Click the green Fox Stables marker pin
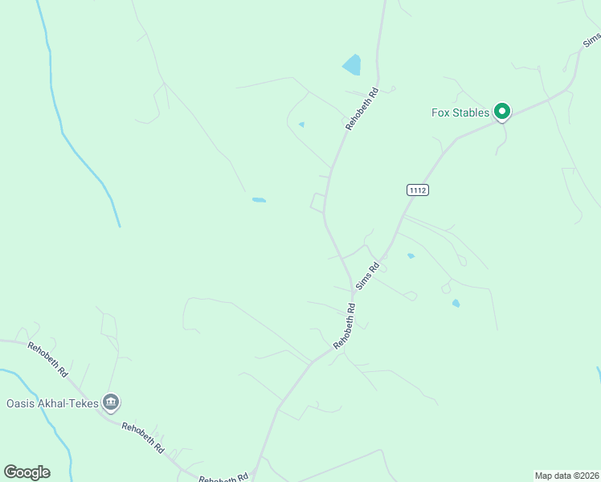[x=502, y=112]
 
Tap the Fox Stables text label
[x=460, y=113]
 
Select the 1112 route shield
[x=417, y=190]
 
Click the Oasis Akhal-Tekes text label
[x=52, y=402]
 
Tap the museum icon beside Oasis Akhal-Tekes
[x=112, y=402]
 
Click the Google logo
[x=27, y=472]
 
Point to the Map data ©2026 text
[x=566, y=476]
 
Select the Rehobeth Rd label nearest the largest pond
[x=362, y=108]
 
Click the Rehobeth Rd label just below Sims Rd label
[x=346, y=325]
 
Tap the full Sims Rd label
[x=368, y=276]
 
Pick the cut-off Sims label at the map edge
[x=592, y=40]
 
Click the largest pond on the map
[x=352, y=64]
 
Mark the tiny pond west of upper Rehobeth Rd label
[x=301, y=125]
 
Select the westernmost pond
[x=259, y=199]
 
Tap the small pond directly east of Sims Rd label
[x=411, y=256]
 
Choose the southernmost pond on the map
[x=456, y=303]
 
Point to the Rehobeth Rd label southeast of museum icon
[x=143, y=438]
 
